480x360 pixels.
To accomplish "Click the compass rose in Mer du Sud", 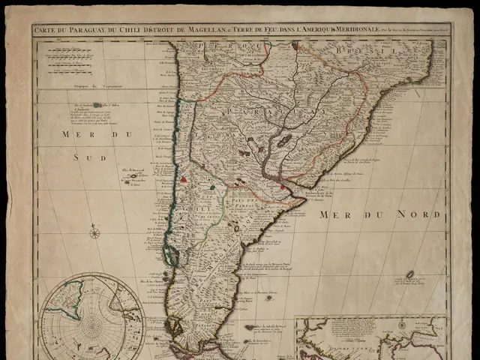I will pyautogui.click(x=94, y=232).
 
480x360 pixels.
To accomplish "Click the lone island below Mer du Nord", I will pyautogui.click(x=410, y=274).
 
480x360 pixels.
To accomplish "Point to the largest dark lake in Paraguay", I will pyautogui.click(x=285, y=140).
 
